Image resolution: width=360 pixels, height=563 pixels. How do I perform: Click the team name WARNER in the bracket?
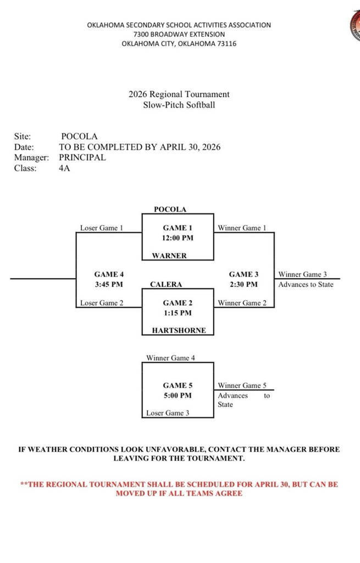[x=170, y=256]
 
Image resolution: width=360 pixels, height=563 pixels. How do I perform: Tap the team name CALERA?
[x=166, y=285]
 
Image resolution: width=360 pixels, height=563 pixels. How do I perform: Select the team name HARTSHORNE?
[x=179, y=330]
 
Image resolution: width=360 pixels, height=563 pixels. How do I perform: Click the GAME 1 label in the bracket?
[x=178, y=228]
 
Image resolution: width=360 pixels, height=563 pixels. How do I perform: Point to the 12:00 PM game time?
[x=178, y=238]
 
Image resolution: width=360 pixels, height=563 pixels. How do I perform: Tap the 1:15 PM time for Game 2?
[x=178, y=313]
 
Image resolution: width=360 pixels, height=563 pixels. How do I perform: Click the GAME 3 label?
[x=243, y=274]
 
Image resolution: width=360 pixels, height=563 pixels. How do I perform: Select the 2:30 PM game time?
[x=243, y=284]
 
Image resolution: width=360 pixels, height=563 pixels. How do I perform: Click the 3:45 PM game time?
[x=109, y=284]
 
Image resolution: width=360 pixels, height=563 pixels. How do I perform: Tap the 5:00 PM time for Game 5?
[x=178, y=395]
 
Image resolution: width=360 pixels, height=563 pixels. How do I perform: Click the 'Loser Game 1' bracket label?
[x=102, y=228]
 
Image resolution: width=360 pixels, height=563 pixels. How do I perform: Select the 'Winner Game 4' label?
[x=170, y=358]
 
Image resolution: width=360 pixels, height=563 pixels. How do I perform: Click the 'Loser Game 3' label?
[x=168, y=413]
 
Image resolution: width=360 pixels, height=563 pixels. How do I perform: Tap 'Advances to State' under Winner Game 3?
[x=306, y=284]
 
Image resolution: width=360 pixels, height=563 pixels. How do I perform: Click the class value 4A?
[x=64, y=168]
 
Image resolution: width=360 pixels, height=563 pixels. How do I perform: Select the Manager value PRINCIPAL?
[x=82, y=157]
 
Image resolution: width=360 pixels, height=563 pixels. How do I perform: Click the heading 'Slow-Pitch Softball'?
[x=179, y=104]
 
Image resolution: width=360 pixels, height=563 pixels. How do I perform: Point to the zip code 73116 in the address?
[x=225, y=43]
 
